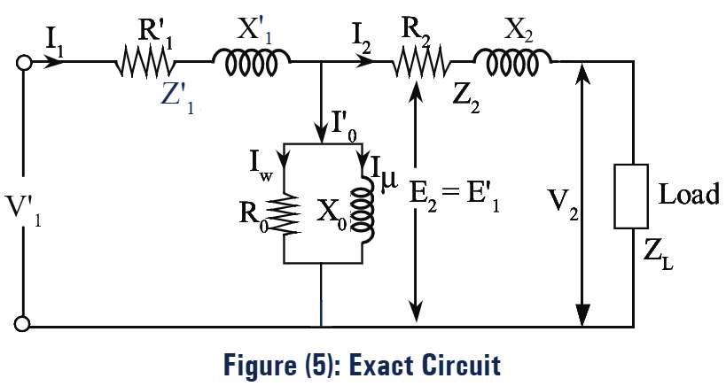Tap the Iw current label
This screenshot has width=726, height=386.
(260, 163)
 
